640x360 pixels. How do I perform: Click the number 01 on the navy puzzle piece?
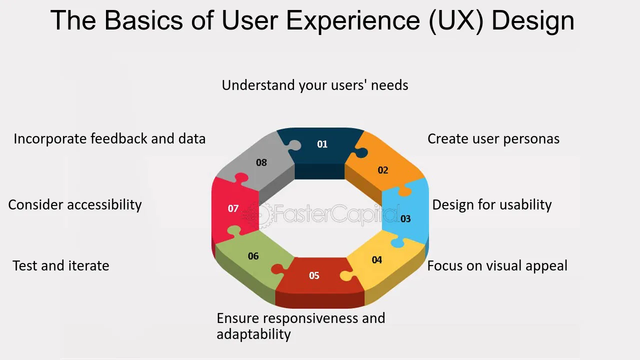click(x=322, y=144)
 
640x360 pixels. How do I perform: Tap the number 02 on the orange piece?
click(x=382, y=170)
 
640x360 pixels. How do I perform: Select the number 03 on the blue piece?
click(x=405, y=218)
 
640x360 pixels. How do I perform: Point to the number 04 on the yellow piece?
click(x=377, y=260)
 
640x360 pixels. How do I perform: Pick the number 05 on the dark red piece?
click(x=314, y=275)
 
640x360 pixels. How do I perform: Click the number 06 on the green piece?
click(x=253, y=256)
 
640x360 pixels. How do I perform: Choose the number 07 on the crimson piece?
click(x=233, y=208)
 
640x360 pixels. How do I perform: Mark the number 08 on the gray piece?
click(x=261, y=162)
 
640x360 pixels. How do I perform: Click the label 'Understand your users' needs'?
click(x=315, y=85)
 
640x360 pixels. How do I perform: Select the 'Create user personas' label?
click(x=493, y=138)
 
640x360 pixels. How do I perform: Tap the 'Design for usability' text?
click(x=491, y=204)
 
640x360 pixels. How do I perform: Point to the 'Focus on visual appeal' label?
click(x=497, y=265)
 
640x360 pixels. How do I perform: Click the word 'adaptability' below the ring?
click(x=253, y=334)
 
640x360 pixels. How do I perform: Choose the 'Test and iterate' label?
click(x=60, y=265)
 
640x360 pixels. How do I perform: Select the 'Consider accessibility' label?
click(x=75, y=204)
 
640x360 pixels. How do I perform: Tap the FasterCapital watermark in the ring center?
click(x=320, y=214)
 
